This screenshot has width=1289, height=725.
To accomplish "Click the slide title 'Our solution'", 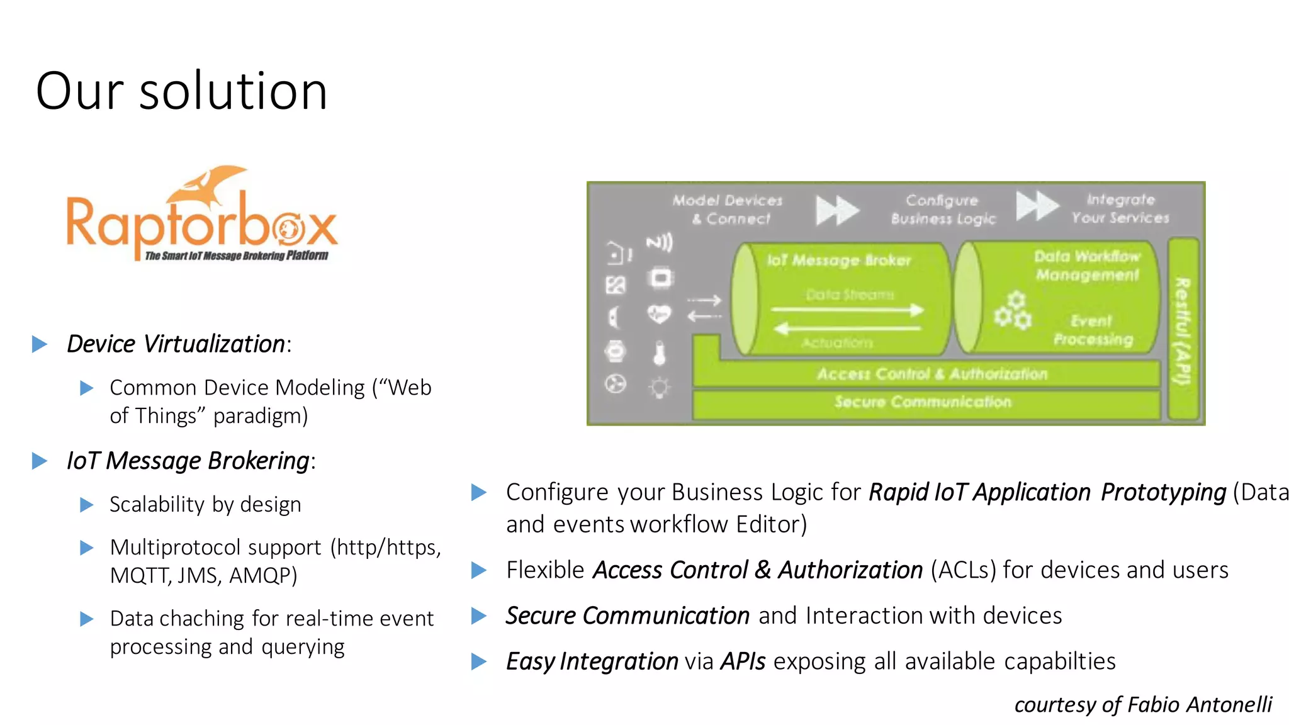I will pos(181,91).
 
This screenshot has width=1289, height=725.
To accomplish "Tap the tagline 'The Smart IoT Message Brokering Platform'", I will pos(237,256).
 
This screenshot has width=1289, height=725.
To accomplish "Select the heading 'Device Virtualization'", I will pos(176,344).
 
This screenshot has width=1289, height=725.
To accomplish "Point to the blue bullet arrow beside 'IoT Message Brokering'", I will pos(40,461).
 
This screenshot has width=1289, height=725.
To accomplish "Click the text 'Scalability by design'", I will pos(205,505).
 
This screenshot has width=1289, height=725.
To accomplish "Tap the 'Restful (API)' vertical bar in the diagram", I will pos(1183,330).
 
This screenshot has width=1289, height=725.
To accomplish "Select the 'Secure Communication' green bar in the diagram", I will pos(923,403).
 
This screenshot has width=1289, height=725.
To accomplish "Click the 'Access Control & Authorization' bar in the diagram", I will pos(932,374).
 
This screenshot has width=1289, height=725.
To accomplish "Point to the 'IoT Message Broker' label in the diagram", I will pos(839,260).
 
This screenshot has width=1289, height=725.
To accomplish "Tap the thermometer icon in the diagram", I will pos(659,353).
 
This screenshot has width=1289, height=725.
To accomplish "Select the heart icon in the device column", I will pos(659,314).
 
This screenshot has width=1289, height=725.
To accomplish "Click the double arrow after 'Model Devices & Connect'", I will pos(837,210).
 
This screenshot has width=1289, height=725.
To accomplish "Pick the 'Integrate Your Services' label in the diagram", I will pos(1120,208).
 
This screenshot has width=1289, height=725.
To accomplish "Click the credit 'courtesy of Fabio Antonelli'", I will pos(1142,705).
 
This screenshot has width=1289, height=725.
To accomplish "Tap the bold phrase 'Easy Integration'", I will pos(592,661).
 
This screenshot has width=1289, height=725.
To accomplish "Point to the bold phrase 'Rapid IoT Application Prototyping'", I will pos(1047,492).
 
